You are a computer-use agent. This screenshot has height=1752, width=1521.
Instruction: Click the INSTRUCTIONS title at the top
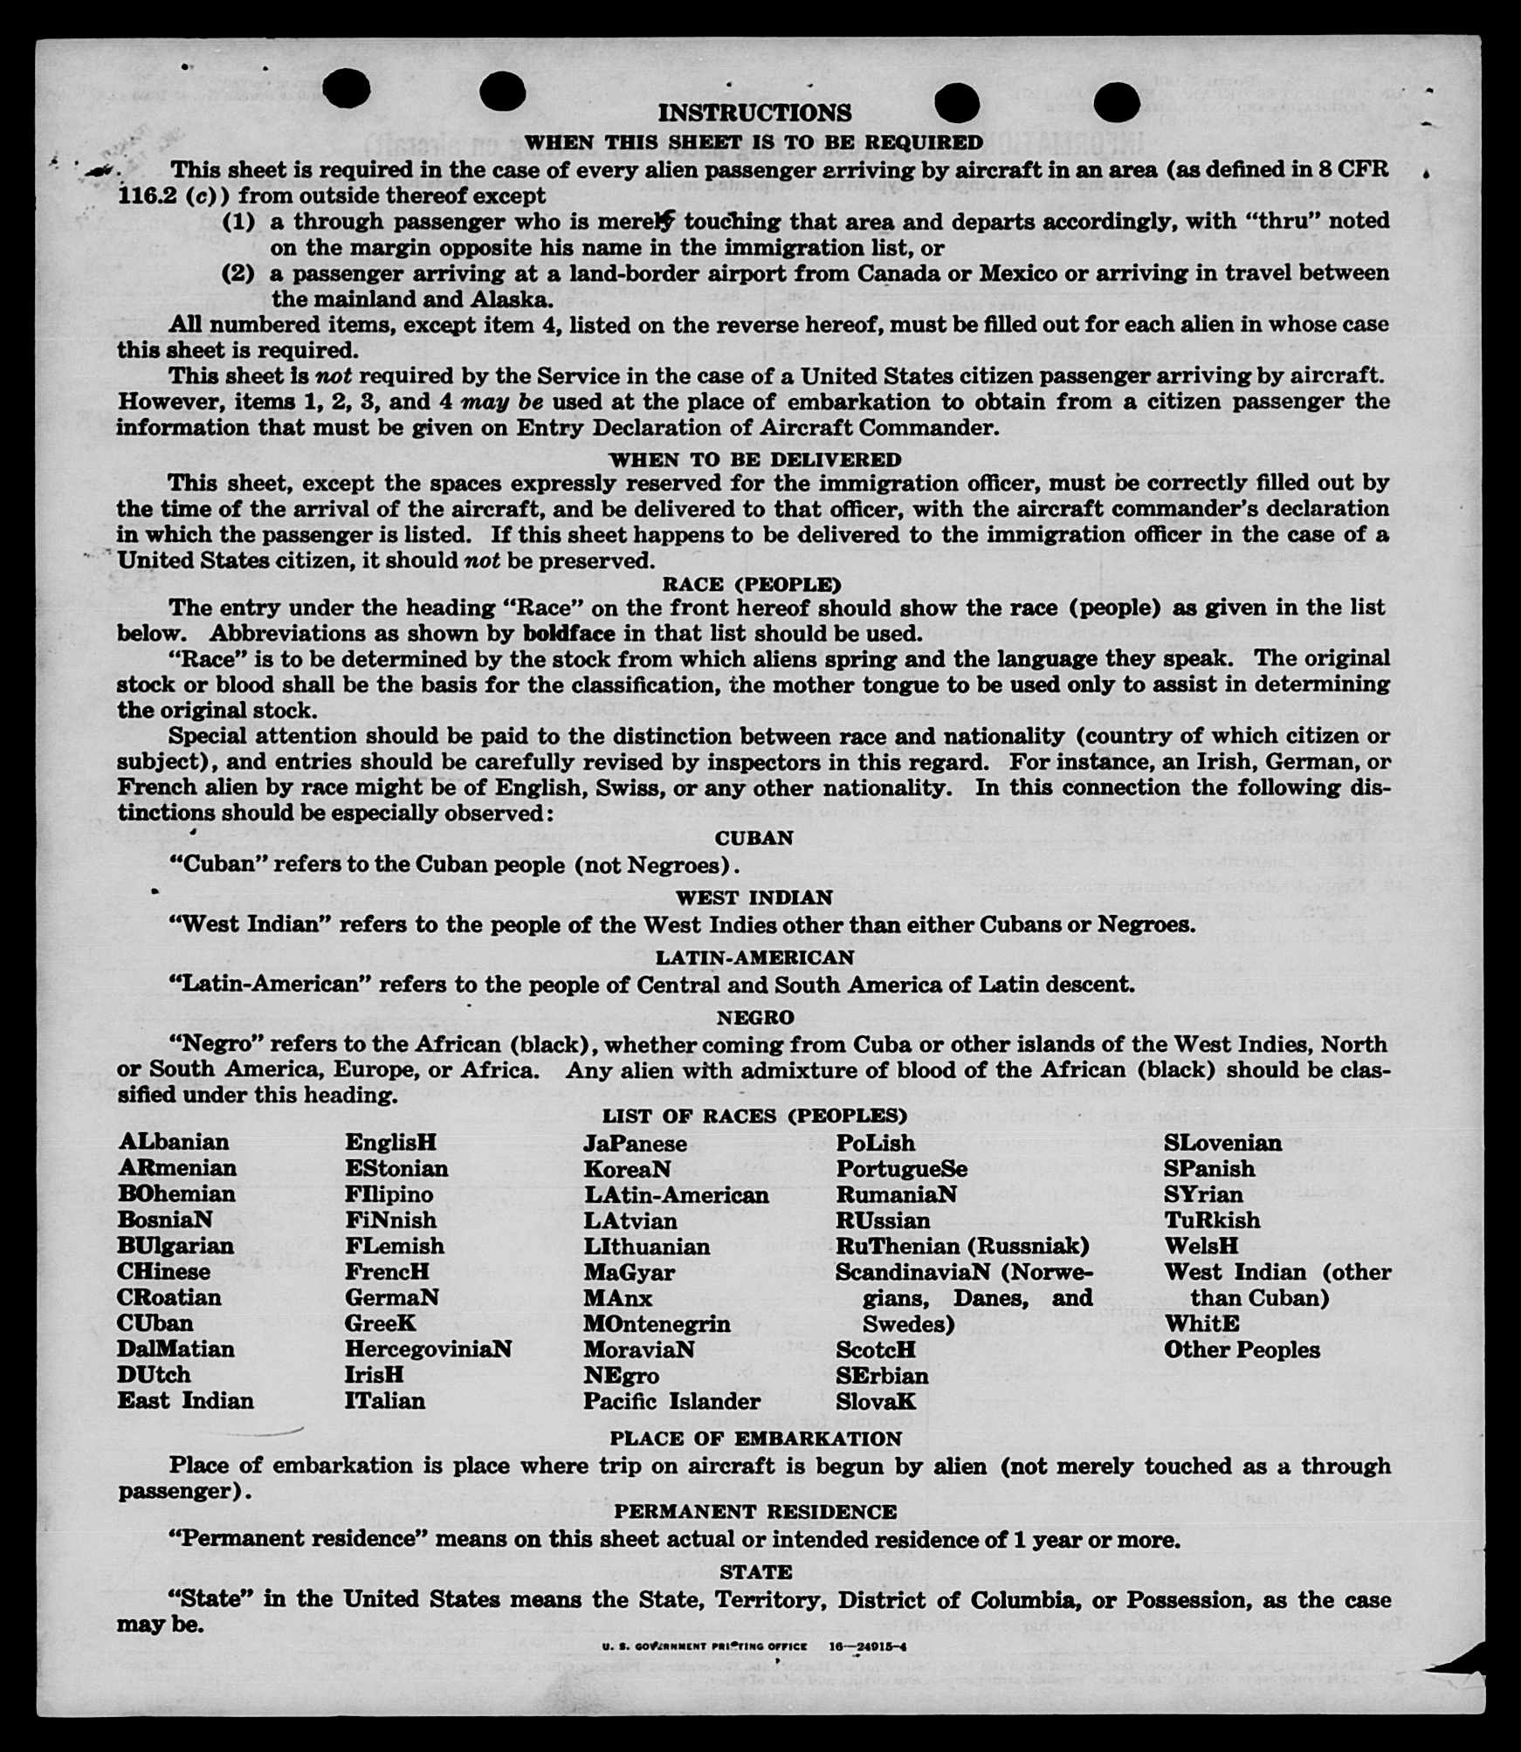tap(754, 113)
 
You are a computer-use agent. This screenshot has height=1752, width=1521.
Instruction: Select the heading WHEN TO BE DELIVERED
tap(755, 459)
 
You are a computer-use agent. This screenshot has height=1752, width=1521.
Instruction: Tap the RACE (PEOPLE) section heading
tap(752, 584)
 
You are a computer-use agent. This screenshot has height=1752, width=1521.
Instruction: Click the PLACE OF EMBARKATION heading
tap(755, 1439)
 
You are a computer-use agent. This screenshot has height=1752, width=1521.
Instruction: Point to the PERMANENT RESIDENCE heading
tap(755, 1512)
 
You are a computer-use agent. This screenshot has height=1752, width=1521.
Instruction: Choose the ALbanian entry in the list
tap(174, 1142)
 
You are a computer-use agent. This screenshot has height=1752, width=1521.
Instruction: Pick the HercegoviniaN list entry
tap(428, 1349)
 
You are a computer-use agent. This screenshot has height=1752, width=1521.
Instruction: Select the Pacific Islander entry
tap(671, 1401)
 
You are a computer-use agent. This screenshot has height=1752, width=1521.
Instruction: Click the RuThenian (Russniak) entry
tap(962, 1246)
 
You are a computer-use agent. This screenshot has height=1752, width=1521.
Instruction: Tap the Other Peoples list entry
tap(1242, 1350)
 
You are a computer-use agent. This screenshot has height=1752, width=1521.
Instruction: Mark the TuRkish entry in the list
tap(1212, 1220)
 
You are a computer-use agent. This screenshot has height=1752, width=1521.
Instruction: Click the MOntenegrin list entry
tap(657, 1323)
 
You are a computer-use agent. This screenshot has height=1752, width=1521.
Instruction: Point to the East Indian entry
tap(186, 1401)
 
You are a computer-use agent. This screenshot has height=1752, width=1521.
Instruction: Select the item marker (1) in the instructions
tap(239, 221)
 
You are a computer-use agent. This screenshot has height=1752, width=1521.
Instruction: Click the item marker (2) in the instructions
tap(239, 273)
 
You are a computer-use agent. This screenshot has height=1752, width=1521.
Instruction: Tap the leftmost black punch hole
tap(347, 89)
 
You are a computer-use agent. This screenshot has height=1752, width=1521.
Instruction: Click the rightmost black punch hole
tap(1116, 102)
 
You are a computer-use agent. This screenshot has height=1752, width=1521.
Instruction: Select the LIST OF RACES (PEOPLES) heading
tap(754, 1116)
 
